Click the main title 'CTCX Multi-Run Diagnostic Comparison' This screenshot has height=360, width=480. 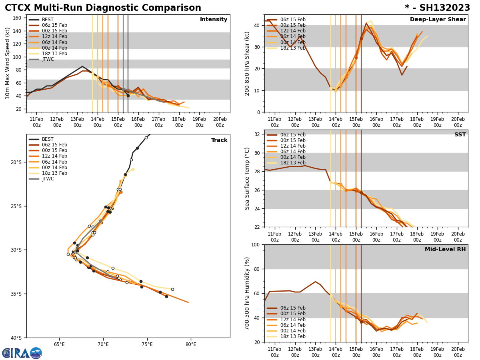tap(103, 8)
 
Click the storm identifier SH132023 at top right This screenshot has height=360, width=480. tap(437, 8)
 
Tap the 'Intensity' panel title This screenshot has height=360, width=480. tap(214, 20)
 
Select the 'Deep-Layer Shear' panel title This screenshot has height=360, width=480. tap(438, 20)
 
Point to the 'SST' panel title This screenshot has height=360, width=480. tap(460, 135)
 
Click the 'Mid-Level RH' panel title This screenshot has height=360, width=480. tap(445, 250)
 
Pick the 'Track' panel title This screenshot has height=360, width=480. tap(219, 140)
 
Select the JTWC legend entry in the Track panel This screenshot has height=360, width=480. tap(48, 179)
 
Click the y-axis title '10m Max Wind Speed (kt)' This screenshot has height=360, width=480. tap(8, 63)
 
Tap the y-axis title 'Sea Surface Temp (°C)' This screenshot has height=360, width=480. tap(247, 178)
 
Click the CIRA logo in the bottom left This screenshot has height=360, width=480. tap(22, 353)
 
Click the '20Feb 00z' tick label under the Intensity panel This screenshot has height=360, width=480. tap(220, 122)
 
